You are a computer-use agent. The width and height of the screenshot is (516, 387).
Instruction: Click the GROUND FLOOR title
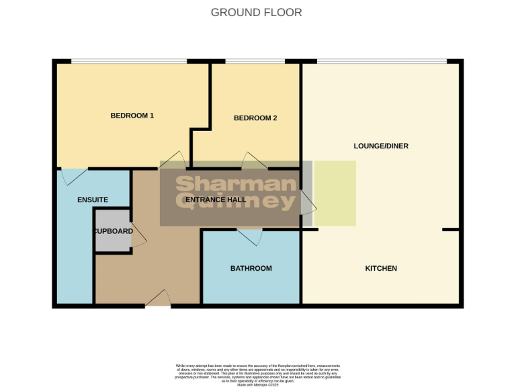256,12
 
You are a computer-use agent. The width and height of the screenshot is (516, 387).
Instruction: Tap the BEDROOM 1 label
132,116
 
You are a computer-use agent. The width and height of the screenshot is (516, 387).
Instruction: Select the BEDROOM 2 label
255,118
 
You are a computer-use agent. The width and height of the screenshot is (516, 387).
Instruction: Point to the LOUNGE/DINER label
381,146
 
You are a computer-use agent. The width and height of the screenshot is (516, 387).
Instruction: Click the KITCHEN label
381,268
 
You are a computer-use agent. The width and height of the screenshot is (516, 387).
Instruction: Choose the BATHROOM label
251,268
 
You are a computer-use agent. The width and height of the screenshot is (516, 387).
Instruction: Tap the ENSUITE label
93,200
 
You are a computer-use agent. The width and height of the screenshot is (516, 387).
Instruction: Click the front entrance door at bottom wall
158,299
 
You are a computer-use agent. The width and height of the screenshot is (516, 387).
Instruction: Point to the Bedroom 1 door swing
173,161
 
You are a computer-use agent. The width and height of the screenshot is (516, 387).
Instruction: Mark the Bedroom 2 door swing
255,160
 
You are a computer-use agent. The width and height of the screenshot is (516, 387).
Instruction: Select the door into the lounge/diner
308,202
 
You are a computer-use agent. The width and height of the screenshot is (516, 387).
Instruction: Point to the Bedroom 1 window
129,62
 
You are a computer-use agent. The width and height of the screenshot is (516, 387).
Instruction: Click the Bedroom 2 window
255,62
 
